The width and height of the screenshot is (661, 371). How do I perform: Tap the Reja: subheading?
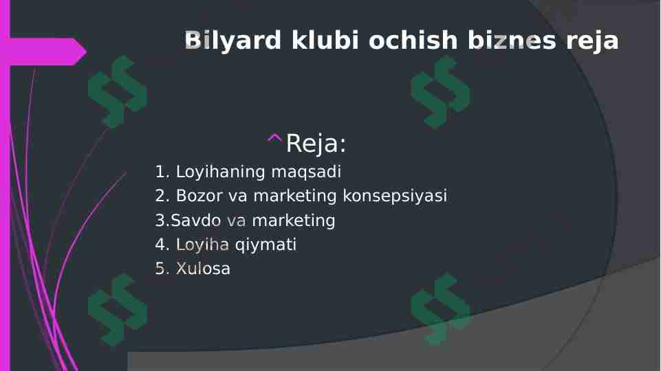pyautogui.click(x=316, y=144)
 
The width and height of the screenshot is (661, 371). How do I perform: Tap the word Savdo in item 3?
pyautogui.click(x=196, y=221)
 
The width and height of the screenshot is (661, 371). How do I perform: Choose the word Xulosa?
pyautogui.click(x=203, y=269)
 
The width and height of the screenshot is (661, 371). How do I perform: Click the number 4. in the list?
pyautogui.click(x=162, y=245)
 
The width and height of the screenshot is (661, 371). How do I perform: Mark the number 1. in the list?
pyautogui.click(x=162, y=172)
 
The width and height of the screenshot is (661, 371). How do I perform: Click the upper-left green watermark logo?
pyautogui.click(x=117, y=91)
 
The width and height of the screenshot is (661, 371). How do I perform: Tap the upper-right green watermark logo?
pyautogui.click(x=440, y=91)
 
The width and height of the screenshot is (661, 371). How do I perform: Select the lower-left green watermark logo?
pyautogui.click(x=117, y=309)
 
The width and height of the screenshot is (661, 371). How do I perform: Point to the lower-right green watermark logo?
pyautogui.click(x=440, y=309)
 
